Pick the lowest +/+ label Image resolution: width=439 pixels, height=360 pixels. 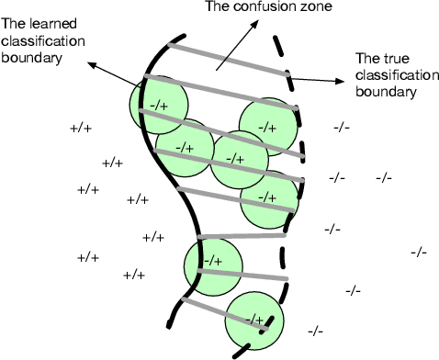pos(134,275)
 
